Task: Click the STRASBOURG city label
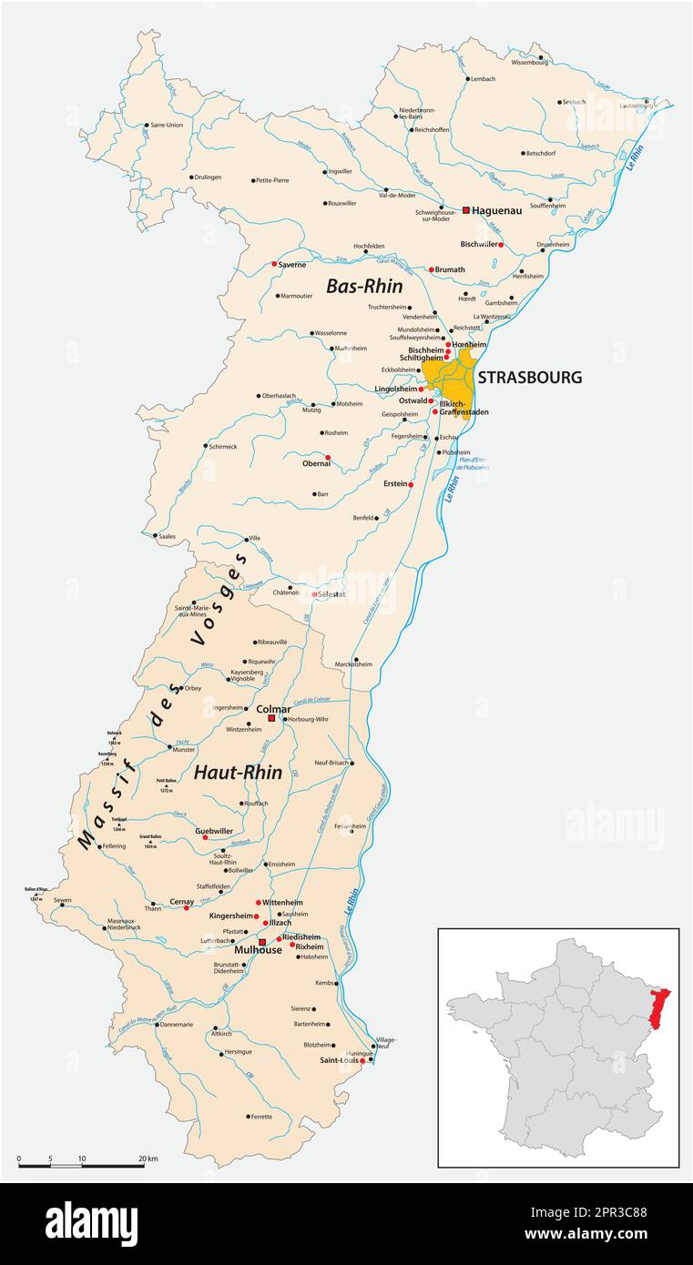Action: pos(529,378)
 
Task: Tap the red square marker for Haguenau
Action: pos(466,210)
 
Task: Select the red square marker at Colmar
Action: pos(270,718)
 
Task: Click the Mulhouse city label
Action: pos(231,948)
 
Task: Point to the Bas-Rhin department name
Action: pos(364,286)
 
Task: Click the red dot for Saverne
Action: pos(274,264)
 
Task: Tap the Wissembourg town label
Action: pos(530,63)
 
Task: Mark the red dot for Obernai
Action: pos(328,457)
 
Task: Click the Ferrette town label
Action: pos(262,1117)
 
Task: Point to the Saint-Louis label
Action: pos(337,1060)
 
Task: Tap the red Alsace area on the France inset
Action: pos(663,1005)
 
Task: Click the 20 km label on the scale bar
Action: pos(148,1159)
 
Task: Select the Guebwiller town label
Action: pos(215,831)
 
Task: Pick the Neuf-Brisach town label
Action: pos(332,763)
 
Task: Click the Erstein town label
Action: pos(395,483)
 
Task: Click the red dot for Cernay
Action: pos(187,907)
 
